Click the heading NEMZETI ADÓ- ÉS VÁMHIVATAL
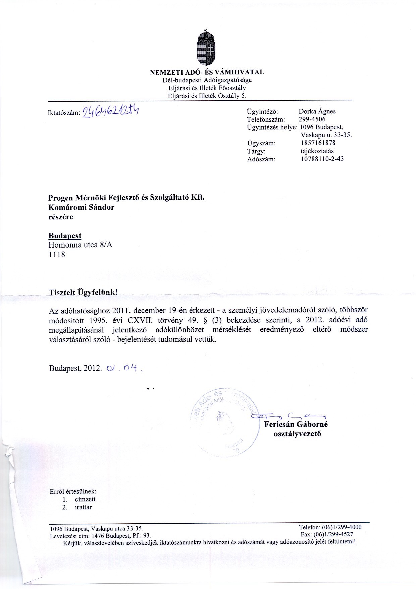pyautogui.click(x=207, y=72)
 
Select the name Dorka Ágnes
pyautogui.click(x=317, y=111)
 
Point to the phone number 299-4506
pyautogui.click(x=312, y=119)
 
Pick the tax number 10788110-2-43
pyautogui.click(x=322, y=159)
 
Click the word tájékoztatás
pyautogui.click(x=317, y=151)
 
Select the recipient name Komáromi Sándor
pyautogui.click(x=82, y=207)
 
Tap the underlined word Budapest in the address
pyautogui.click(x=65, y=236)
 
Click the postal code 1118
pyautogui.click(x=57, y=254)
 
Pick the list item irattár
pyautogui.click(x=83, y=507)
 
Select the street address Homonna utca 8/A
pyautogui.click(x=81, y=245)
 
